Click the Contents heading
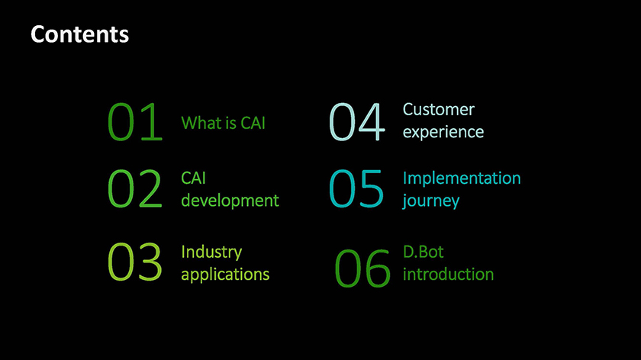pyautogui.click(x=79, y=34)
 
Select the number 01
pyautogui.click(x=135, y=122)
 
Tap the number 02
pyautogui.click(x=135, y=188)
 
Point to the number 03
pyautogui.click(x=135, y=262)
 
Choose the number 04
pyautogui.click(x=357, y=122)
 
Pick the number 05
pyautogui.click(x=356, y=188)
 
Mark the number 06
pyautogui.click(x=362, y=268)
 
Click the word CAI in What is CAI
pyautogui.click(x=253, y=123)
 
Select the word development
pyautogui.click(x=230, y=201)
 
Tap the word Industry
pyautogui.click(x=212, y=252)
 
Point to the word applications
pyautogui.click(x=225, y=275)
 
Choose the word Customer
pyautogui.click(x=439, y=110)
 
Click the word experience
pyautogui.click(x=443, y=132)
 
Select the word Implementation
pyautogui.click(x=462, y=178)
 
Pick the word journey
pyautogui.click(x=431, y=201)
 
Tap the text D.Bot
pyautogui.click(x=423, y=252)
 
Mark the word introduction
pyautogui.click(x=449, y=275)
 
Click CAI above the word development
pyautogui.click(x=193, y=178)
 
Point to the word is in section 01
pyautogui.click(x=231, y=123)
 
